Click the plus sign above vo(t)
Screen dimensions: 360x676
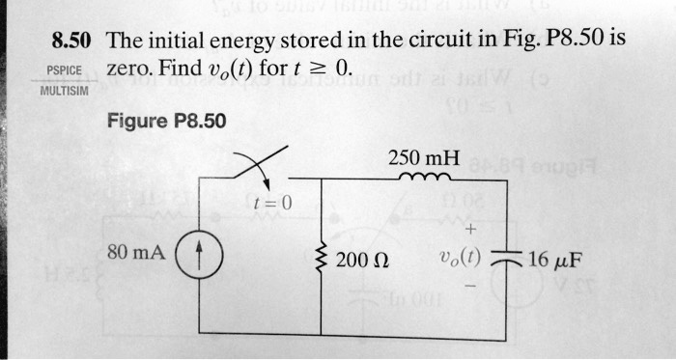click(469, 230)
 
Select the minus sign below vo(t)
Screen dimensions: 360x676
click(469, 288)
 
